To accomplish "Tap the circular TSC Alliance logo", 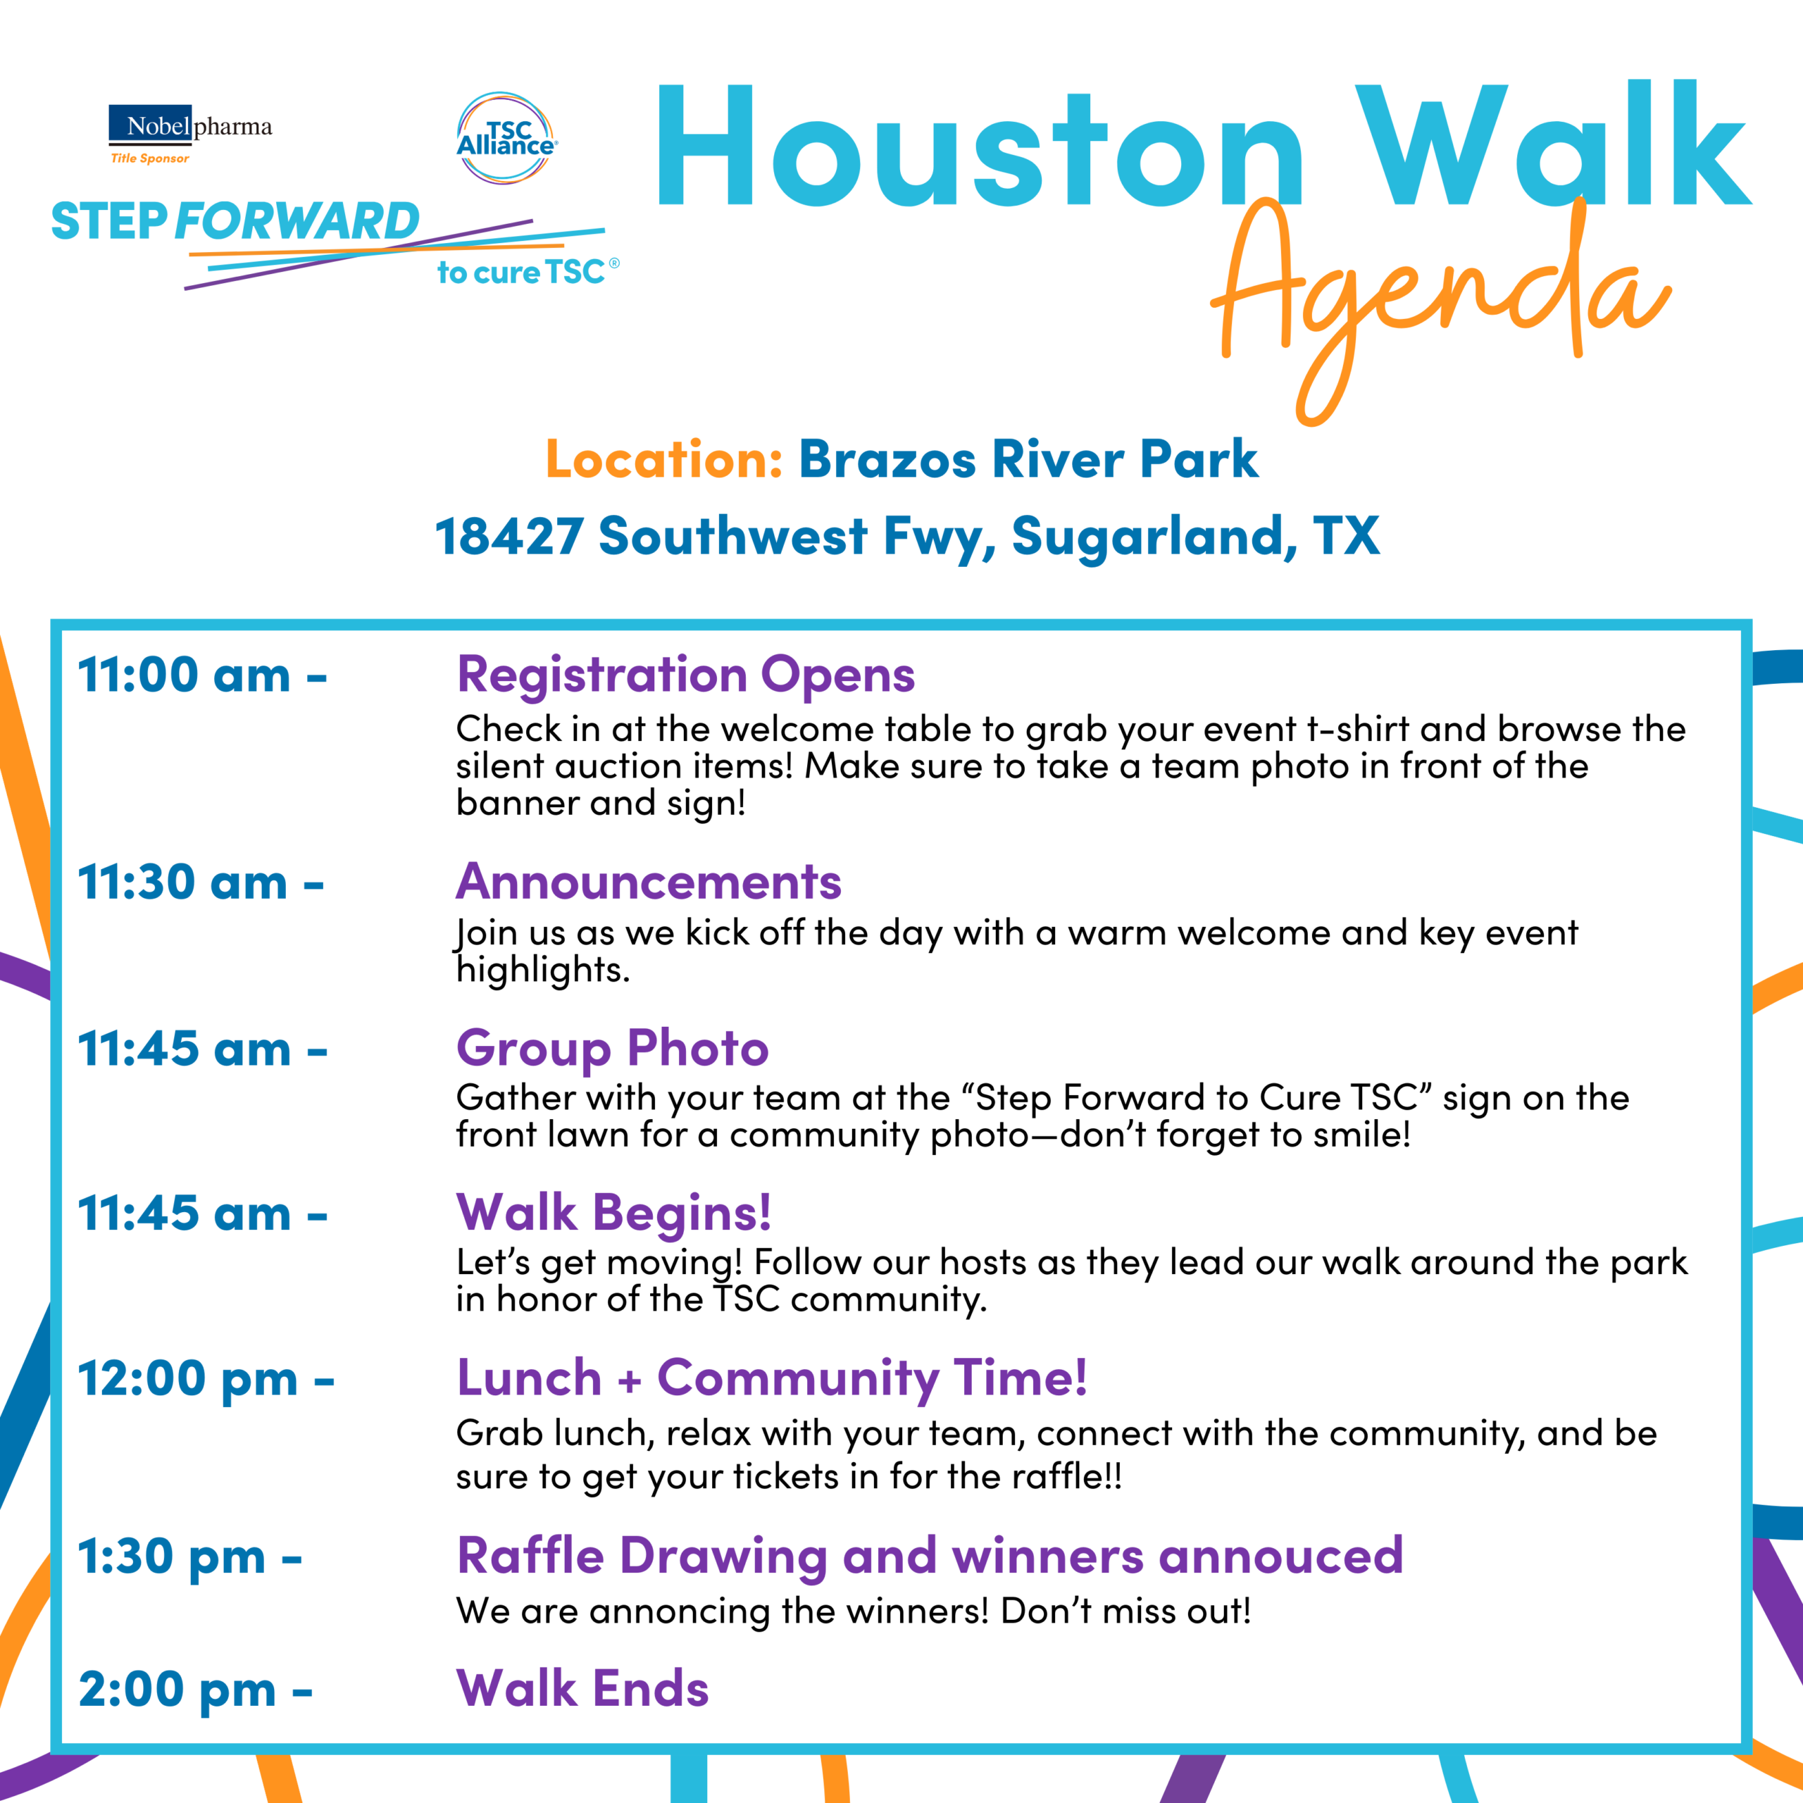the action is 506,138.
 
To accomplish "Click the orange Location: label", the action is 663,459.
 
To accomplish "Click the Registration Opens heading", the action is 686,675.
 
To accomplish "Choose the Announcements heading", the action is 649,882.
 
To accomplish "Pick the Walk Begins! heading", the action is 614,1214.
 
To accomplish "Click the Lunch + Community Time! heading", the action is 772,1379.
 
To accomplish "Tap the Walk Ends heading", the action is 582,1689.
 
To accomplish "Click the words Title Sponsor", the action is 150,158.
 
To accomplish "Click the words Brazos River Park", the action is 1028,459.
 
